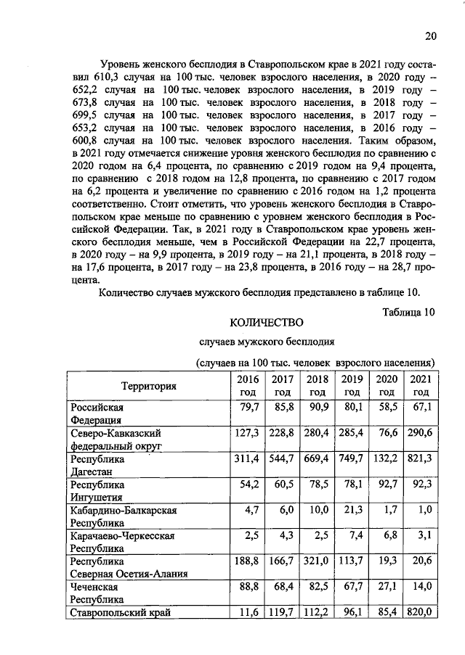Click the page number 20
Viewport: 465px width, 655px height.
coord(430,36)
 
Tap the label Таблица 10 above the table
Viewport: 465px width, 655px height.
coord(408,312)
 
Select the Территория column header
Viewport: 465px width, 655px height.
coord(149,385)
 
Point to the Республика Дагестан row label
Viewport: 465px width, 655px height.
coord(96,466)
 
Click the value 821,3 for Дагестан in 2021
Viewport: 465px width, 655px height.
coord(419,459)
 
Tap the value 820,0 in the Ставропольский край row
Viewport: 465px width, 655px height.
coord(420,613)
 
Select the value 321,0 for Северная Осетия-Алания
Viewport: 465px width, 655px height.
coord(317,561)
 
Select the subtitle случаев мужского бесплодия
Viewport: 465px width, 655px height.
coord(267,341)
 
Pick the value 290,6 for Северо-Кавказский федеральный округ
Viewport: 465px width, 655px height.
coord(419,433)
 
